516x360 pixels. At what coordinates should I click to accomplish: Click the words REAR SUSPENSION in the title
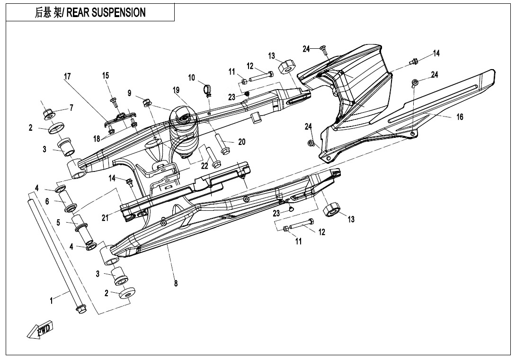point(106,13)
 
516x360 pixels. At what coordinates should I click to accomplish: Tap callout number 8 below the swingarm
point(176,284)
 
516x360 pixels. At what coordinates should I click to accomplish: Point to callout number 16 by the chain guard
point(459,117)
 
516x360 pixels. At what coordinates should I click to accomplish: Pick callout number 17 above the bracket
point(68,76)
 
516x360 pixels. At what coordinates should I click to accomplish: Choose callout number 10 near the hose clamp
point(192,77)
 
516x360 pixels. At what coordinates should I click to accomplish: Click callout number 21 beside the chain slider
point(105,217)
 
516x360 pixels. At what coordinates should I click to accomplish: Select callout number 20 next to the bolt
point(241,142)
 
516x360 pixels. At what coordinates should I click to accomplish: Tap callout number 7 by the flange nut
point(71,108)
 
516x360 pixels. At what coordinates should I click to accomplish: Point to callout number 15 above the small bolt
point(106,75)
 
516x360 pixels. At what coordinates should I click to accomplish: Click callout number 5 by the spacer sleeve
point(59,222)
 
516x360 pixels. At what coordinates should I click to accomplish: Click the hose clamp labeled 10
point(207,89)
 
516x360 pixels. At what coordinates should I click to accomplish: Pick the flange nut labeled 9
point(146,101)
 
